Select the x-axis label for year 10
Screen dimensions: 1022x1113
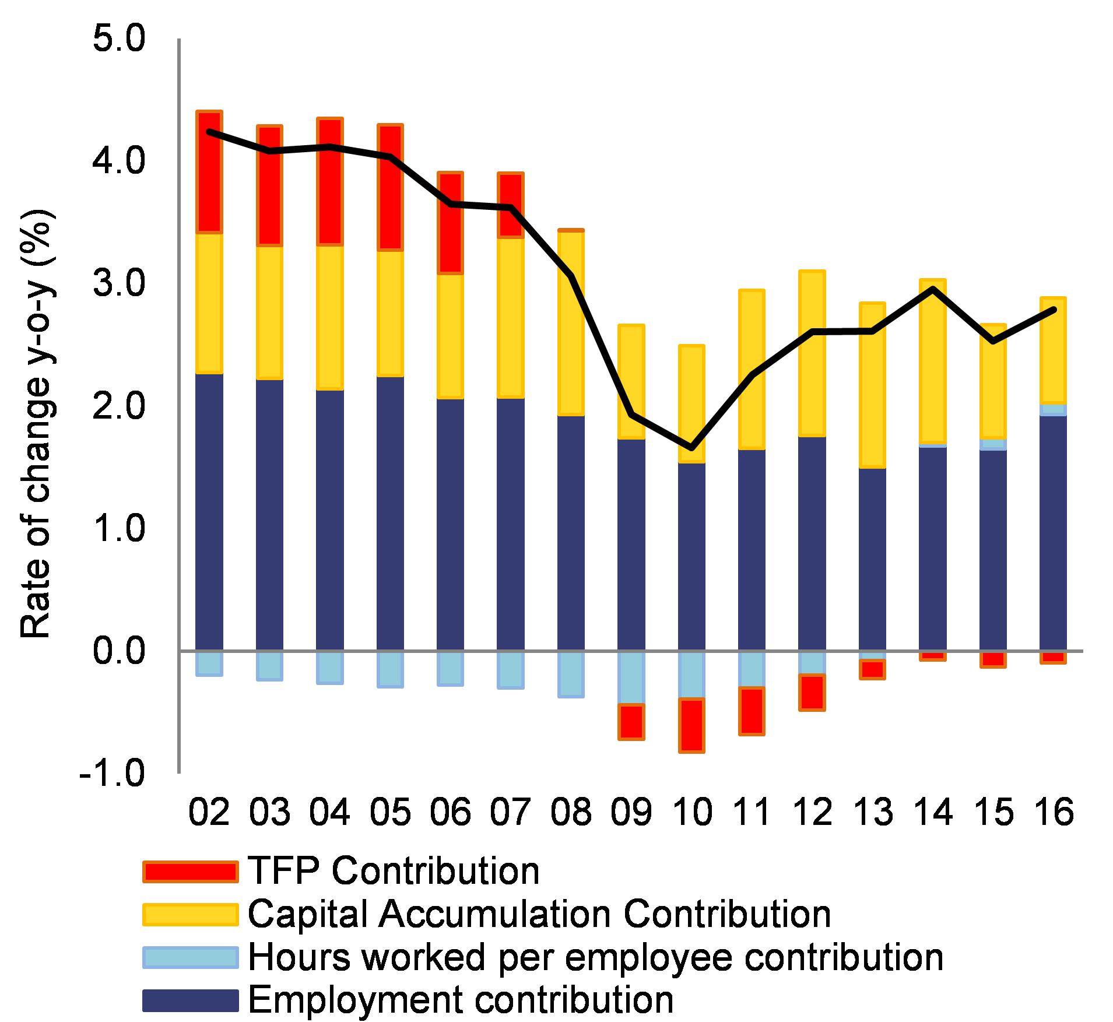click(692, 812)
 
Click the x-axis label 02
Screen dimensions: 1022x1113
click(209, 812)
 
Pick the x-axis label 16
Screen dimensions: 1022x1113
click(1053, 812)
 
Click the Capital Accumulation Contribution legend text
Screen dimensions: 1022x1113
click(539, 914)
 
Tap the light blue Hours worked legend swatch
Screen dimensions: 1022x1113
click(190, 957)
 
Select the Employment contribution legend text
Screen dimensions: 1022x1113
click(461, 999)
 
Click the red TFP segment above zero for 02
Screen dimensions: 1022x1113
click(209, 172)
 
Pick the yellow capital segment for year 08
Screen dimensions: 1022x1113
click(571, 324)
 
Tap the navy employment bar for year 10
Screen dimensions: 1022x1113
click(692, 557)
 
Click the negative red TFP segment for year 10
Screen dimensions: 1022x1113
click(692, 725)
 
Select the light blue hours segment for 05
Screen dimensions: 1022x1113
click(389, 669)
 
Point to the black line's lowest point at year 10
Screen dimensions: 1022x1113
click(692, 448)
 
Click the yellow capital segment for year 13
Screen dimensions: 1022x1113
click(873, 385)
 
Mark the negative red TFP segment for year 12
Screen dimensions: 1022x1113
click(812, 692)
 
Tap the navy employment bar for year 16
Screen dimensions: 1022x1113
click(1053, 533)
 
